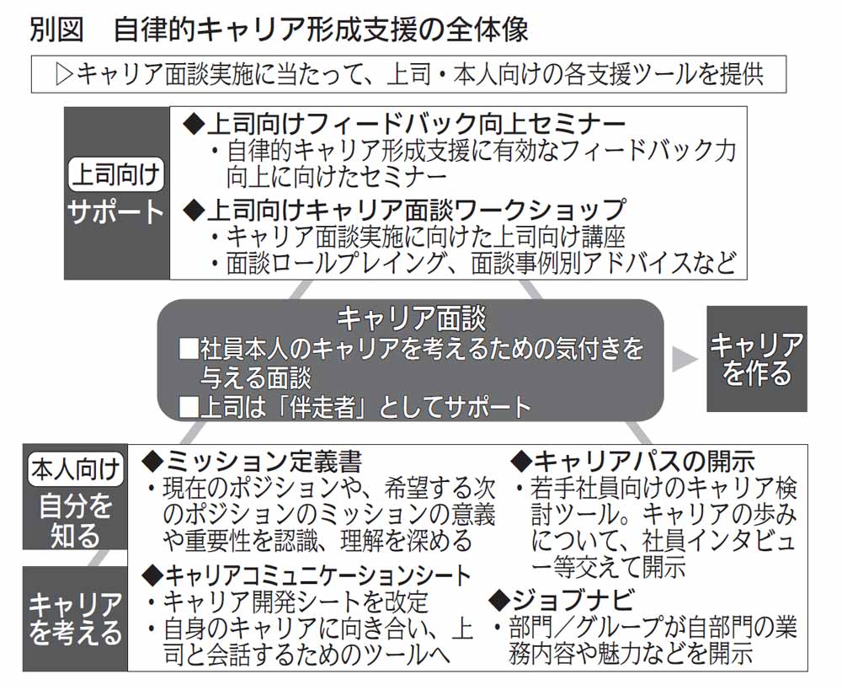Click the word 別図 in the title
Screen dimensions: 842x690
pos(56,29)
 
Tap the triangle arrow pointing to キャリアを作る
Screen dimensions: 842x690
pos(684,358)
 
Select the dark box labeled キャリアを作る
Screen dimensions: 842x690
pos(756,358)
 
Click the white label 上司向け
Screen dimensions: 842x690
pos(116,174)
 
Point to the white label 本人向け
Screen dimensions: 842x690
pos(75,469)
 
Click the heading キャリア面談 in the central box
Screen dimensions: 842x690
pos(411,318)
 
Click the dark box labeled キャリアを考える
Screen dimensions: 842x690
pos(75,618)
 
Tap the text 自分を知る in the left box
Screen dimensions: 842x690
pos(75,520)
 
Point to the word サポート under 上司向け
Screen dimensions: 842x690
pos(116,211)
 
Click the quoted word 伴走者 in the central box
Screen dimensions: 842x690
pos(322,407)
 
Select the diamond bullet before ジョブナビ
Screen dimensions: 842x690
pos(499,600)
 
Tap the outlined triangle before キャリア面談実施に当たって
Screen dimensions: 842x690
pos(64,75)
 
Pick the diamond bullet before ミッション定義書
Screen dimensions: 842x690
pos(152,462)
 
